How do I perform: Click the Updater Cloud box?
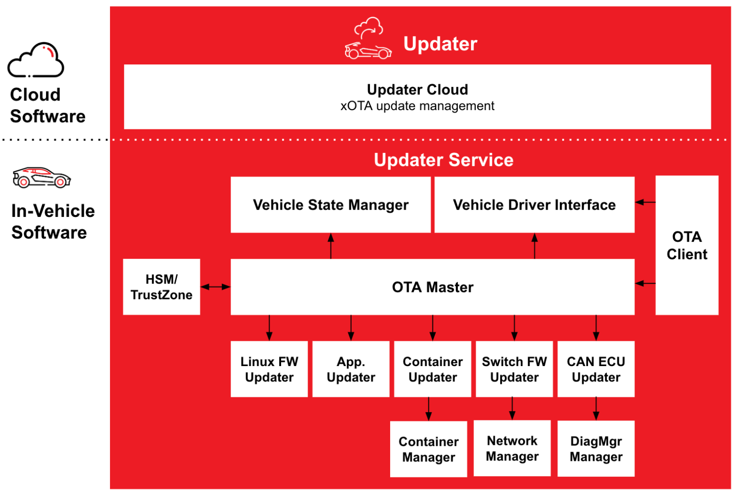click(x=417, y=97)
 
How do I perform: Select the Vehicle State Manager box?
click(x=331, y=205)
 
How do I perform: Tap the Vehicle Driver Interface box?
click(x=534, y=205)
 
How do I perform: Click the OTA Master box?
click(x=432, y=287)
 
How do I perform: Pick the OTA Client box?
click(x=687, y=245)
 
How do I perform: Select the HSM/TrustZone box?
click(x=161, y=287)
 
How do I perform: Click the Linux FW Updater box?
click(x=269, y=369)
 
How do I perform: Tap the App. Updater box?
click(x=351, y=369)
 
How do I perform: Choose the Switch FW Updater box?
click(x=514, y=369)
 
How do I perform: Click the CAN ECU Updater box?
click(x=596, y=369)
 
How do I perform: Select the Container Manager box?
click(x=429, y=449)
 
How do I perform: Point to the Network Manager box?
click(x=512, y=448)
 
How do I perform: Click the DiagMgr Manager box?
click(x=596, y=449)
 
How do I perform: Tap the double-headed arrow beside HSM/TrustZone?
click(x=215, y=287)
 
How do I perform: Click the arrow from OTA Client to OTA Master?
click(x=645, y=283)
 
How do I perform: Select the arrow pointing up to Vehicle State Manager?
click(x=331, y=246)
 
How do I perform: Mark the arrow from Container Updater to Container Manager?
click(x=429, y=409)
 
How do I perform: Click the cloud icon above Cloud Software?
click(x=36, y=61)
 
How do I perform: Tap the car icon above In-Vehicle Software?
click(x=41, y=178)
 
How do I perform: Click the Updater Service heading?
click(x=443, y=160)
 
